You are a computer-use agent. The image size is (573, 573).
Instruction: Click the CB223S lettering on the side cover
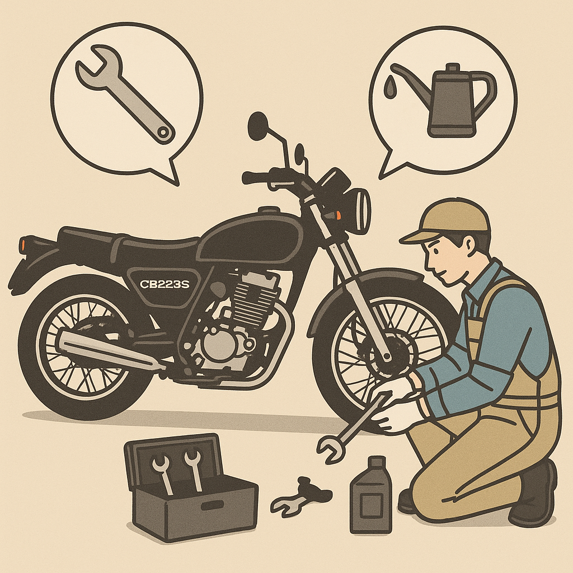(165, 284)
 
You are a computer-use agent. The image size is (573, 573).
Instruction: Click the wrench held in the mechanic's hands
(351, 428)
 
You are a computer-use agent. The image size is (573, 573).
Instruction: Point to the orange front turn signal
(338, 214)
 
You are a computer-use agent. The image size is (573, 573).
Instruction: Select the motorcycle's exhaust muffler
(110, 350)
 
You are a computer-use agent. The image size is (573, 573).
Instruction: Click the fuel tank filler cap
(269, 211)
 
